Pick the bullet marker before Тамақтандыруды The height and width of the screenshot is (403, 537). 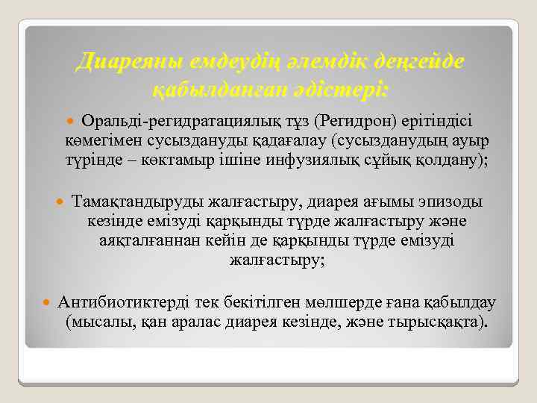62,202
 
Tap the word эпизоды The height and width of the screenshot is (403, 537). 450,202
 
